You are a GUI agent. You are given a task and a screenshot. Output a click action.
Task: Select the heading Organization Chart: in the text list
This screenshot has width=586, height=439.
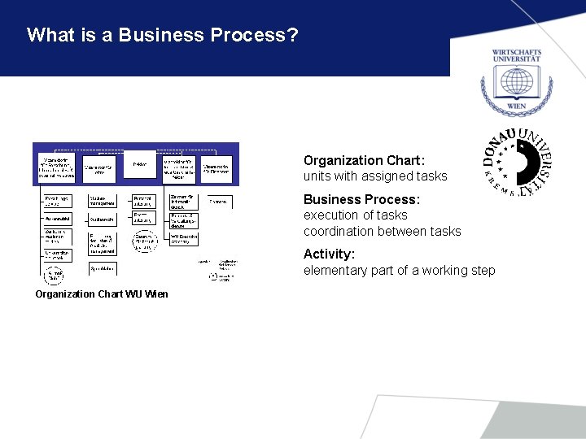click(364, 161)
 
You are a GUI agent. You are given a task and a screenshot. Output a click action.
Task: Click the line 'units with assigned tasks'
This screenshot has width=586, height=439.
click(375, 176)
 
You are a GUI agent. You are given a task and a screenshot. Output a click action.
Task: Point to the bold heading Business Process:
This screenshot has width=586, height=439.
click(361, 199)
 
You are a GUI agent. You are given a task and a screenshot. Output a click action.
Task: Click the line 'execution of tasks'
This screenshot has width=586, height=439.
click(355, 215)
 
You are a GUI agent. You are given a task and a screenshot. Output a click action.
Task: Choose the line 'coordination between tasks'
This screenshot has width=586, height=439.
click(382, 232)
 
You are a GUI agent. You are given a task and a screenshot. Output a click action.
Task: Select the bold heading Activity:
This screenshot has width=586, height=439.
click(329, 254)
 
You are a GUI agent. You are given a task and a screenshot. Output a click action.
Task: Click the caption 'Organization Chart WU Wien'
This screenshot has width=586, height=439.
click(102, 293)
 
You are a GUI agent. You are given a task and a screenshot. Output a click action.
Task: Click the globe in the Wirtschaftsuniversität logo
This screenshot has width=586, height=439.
click(516, 82)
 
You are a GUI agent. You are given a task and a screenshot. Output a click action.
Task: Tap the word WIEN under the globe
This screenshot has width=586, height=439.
click(516, 106)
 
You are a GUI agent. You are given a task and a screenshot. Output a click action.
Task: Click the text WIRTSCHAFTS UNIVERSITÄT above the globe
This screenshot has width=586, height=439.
click(516, 56)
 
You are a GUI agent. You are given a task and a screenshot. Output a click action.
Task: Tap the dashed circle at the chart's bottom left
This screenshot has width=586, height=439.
click(55, 276)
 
